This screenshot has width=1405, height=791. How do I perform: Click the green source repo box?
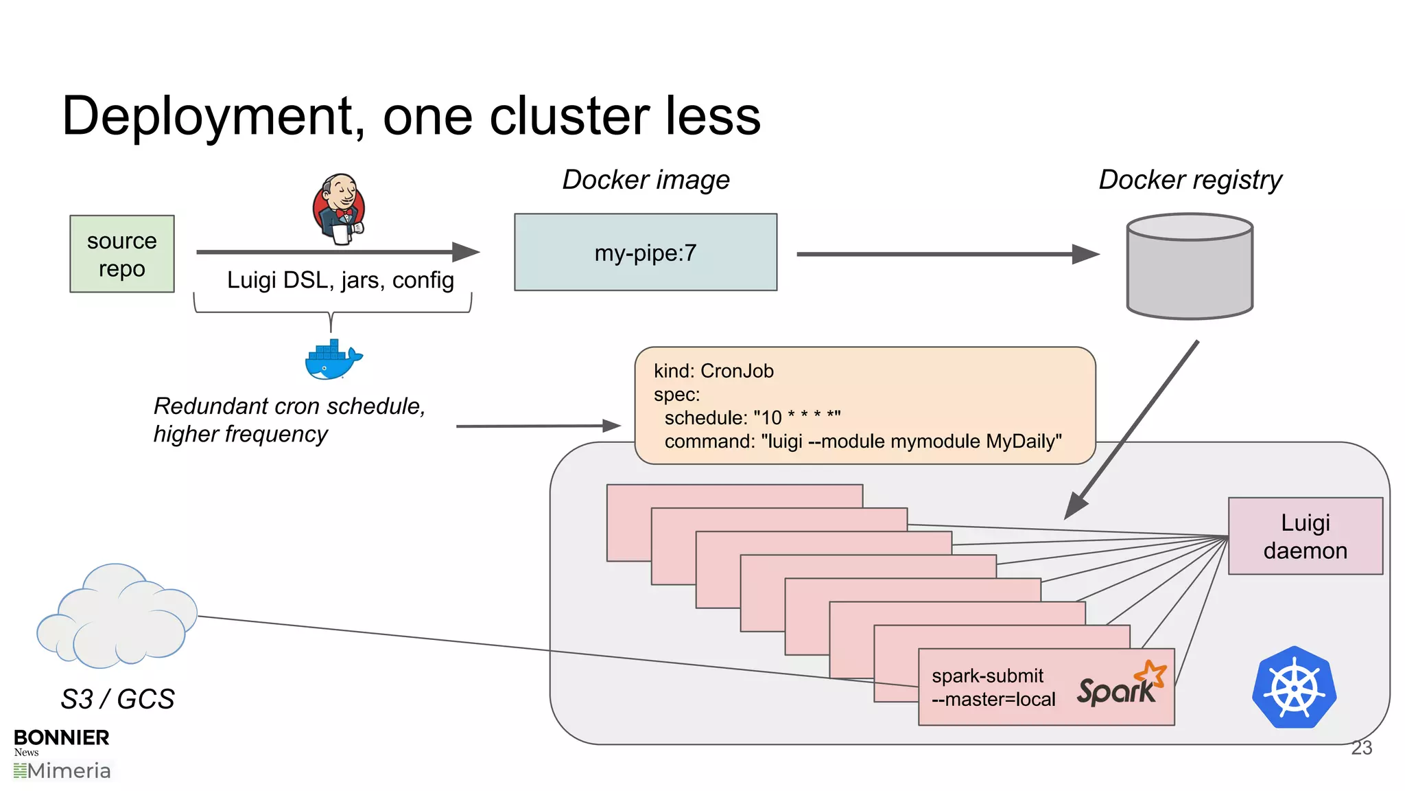tap(122, 254)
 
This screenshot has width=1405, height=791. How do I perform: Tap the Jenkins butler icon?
tap(339, 209)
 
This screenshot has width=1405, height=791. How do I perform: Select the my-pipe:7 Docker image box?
tap(646, 253)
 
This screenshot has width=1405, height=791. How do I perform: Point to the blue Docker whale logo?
tap(333, 360)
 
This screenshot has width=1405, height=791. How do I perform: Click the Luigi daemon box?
tap(1305, 536)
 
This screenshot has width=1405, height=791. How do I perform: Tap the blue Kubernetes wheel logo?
tap(1294, 687)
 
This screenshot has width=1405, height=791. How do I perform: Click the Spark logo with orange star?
tap(1120, 685)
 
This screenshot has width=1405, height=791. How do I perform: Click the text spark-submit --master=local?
tap(993, 687)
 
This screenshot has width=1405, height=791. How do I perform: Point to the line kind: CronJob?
tap(713, 371)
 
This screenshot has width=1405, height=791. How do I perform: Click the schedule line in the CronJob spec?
tap(752, 417)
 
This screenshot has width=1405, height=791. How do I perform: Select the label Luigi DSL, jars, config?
tap(340, 280)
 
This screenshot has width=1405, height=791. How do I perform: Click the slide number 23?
tap(1361, 748)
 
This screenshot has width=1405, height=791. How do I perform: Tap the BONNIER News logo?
tap(61, 741)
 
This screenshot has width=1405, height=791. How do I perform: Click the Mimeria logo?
tap(62, 771)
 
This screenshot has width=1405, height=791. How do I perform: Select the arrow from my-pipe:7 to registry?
tap(947, 254)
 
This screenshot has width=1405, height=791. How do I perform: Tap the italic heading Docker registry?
tap(1190, 180)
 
